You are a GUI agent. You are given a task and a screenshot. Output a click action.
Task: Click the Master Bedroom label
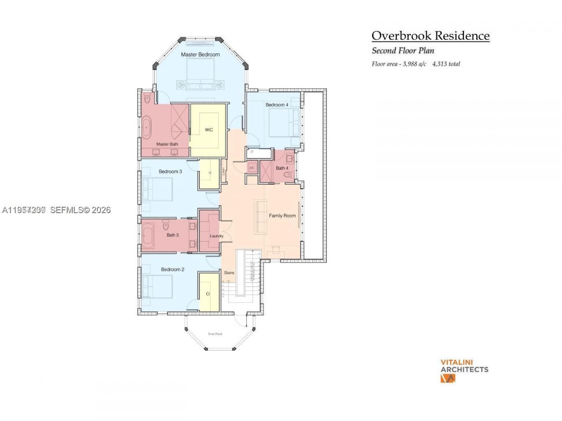pyautogui.click(x=200, y=54)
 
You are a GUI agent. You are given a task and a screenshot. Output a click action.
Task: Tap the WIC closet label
pyautogui.click(x=209, y=130)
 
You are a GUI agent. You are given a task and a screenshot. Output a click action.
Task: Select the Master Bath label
pyautogui.click(x=167, y=144)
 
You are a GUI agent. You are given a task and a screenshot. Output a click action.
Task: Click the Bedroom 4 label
pyautogui.click(x=277, y=105)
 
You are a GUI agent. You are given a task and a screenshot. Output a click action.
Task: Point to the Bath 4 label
pyautogui.click(x=282, y=168)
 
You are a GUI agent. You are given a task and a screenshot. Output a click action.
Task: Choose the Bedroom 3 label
pyautogui.click(x=170, y=171)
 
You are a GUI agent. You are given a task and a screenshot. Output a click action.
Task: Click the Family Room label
pyautogui.click(x=282, y=216)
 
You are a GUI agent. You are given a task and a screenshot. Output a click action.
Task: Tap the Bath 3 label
pyautogui.click(x=173, y=235)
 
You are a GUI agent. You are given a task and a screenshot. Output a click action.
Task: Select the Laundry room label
pyautogui.click(x=216, y=236)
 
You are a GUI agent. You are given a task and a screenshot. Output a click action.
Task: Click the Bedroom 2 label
pyautogui.click(x=172, y=269)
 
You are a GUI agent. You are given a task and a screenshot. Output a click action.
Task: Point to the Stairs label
pyautogui.click(x=229, y=273)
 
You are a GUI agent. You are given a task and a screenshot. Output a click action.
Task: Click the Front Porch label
pyautogui.click(x=215, y=334)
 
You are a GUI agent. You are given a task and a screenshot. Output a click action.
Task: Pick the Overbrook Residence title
pyautogui.click(x=430, y=36)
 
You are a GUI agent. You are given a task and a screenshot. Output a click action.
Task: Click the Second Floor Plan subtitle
pyautogui.click(x=403, y=50)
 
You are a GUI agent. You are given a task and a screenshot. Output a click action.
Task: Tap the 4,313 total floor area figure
pyautogui.click(x=446, y=64)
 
